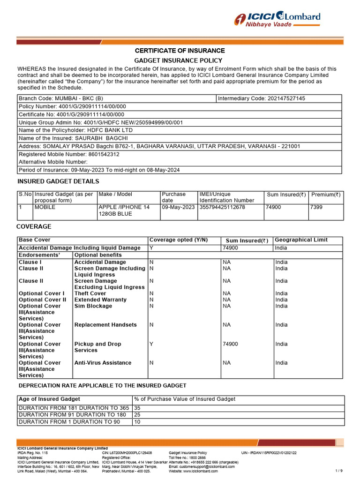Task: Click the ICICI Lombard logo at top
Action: [x=277, y=20]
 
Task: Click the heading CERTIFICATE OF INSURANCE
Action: [x=180, y=51]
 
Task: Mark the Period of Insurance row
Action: [x=99, y=170]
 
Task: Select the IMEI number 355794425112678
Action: [x=222, y=207]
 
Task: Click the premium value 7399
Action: [x=316, y=207]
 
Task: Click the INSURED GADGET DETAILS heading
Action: [x=58, y=181]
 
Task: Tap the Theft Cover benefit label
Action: [x=90, y=293]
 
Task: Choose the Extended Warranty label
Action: [x=100, y=300]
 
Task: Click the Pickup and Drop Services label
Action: [x=97, y=347]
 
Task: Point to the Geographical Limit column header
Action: [x=301, y=240]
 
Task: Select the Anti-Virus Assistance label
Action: [x=103, y=363]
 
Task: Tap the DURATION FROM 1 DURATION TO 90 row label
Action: [x=69, y=422]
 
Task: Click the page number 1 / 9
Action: [x=339, y=470]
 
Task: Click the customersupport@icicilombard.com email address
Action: [x=202, y=467]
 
